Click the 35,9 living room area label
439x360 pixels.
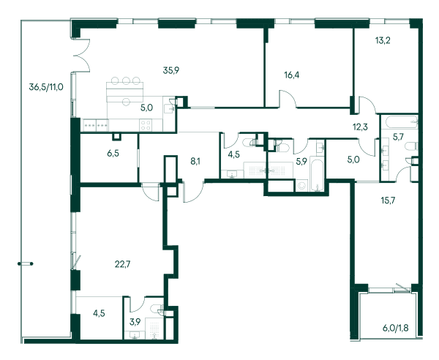point(170,70)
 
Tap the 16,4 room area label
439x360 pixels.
point(291,75)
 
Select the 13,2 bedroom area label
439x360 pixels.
point(383,40)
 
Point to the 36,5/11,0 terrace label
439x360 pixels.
point(46,87)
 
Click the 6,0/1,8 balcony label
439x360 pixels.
point(395,328)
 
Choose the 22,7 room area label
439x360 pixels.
point(123,264)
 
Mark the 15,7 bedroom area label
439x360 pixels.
point(388,200)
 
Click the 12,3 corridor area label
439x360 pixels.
point(360,127)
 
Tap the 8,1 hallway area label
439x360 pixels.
point(195,161)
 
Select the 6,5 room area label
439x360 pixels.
point(113,153)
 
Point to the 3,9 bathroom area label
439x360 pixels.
point(135,322)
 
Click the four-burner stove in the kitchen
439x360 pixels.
point(146,125)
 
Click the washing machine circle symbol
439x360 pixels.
point(301,186)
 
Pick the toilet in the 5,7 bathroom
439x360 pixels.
point(411,146)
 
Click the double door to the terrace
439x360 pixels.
point(82,55)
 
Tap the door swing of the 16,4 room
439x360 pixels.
point(288,97)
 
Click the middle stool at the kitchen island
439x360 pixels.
point(127,81)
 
